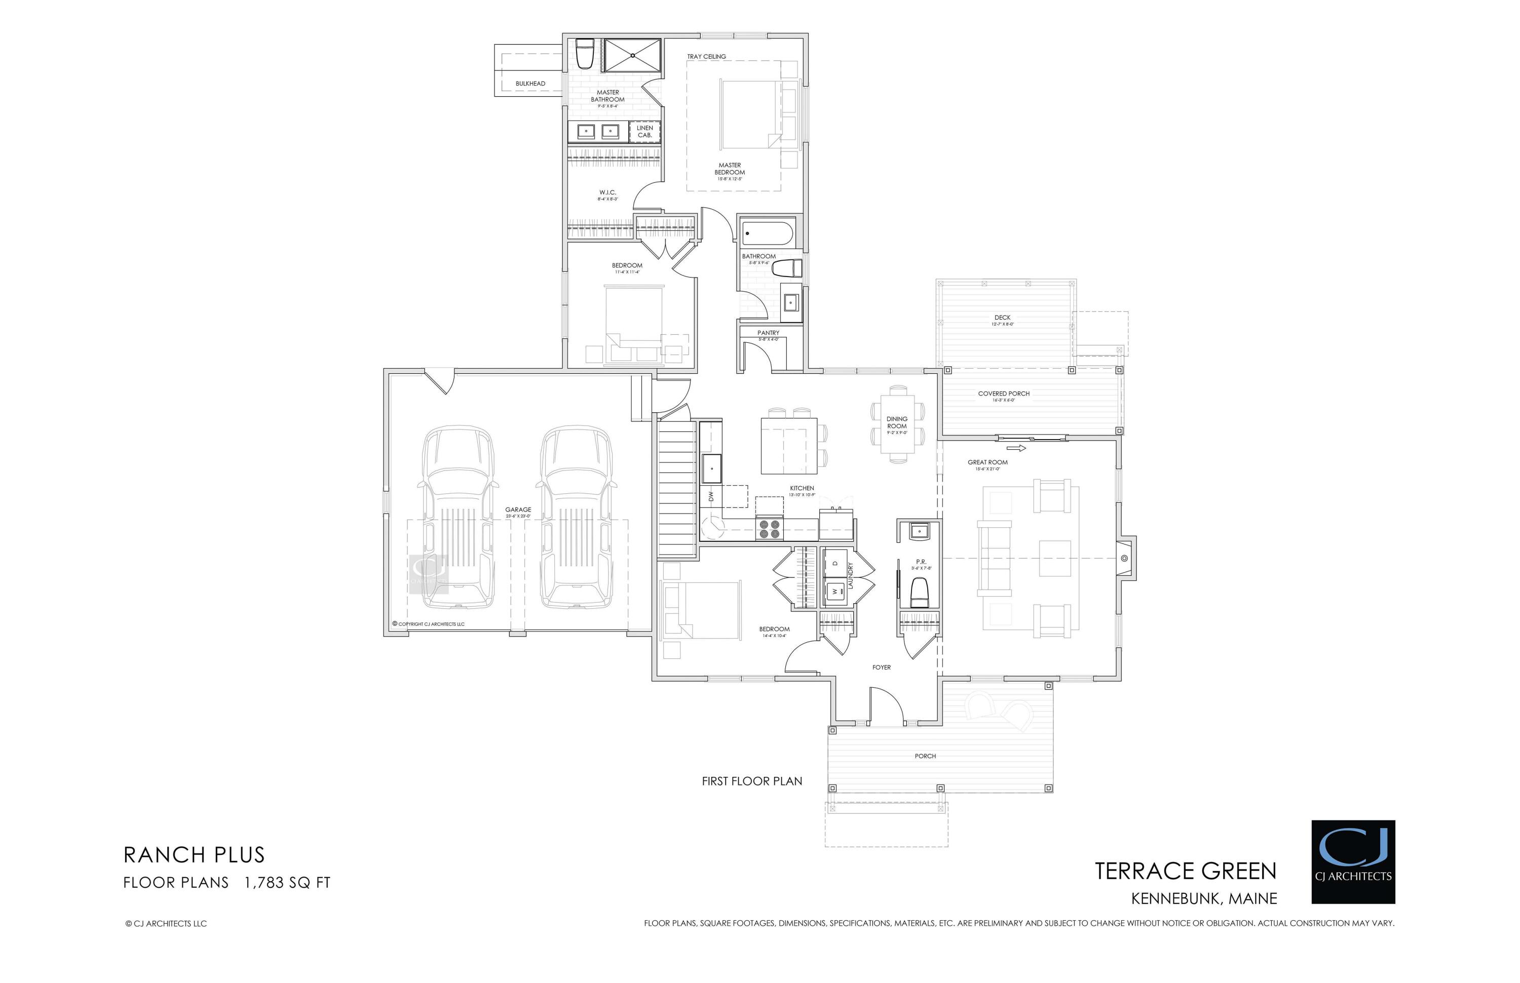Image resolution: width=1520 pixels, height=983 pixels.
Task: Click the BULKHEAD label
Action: pos(530,84)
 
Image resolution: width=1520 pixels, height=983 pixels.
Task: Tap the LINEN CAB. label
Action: pos(644,132)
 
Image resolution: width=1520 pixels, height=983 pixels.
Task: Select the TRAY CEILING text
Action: pos(706,57)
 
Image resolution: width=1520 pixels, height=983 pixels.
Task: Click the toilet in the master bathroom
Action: pos(584,55)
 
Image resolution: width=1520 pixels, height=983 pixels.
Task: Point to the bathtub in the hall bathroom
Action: pos(767,233)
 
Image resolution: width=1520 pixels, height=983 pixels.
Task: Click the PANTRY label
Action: pos(768,333)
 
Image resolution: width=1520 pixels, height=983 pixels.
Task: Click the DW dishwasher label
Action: pos(711,495)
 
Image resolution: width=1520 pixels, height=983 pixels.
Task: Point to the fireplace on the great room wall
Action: pos(1125,559)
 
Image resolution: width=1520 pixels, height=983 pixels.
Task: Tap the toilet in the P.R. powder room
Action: pos(919,593)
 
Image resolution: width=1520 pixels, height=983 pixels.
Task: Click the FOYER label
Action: pos(881,667)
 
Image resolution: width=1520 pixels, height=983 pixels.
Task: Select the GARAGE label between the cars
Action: pos(518,510)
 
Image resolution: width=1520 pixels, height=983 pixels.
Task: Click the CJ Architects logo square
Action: pos(1353,862)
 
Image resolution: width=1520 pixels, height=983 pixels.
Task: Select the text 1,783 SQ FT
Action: pos(287,883)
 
